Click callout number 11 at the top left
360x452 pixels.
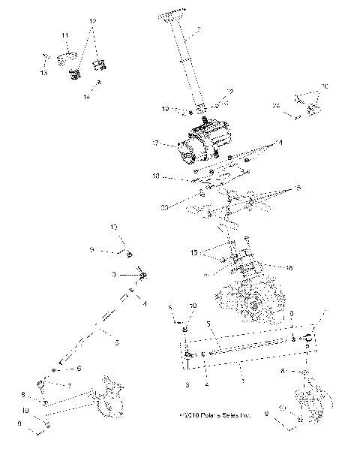pyautogui.click(x=64, y=36)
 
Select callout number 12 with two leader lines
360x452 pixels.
pyautogui.click(x=93, y=21)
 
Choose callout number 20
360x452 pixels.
pyautogui.click(x=164, y=206)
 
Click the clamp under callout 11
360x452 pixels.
pyautogui.click(x=74, y=73)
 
